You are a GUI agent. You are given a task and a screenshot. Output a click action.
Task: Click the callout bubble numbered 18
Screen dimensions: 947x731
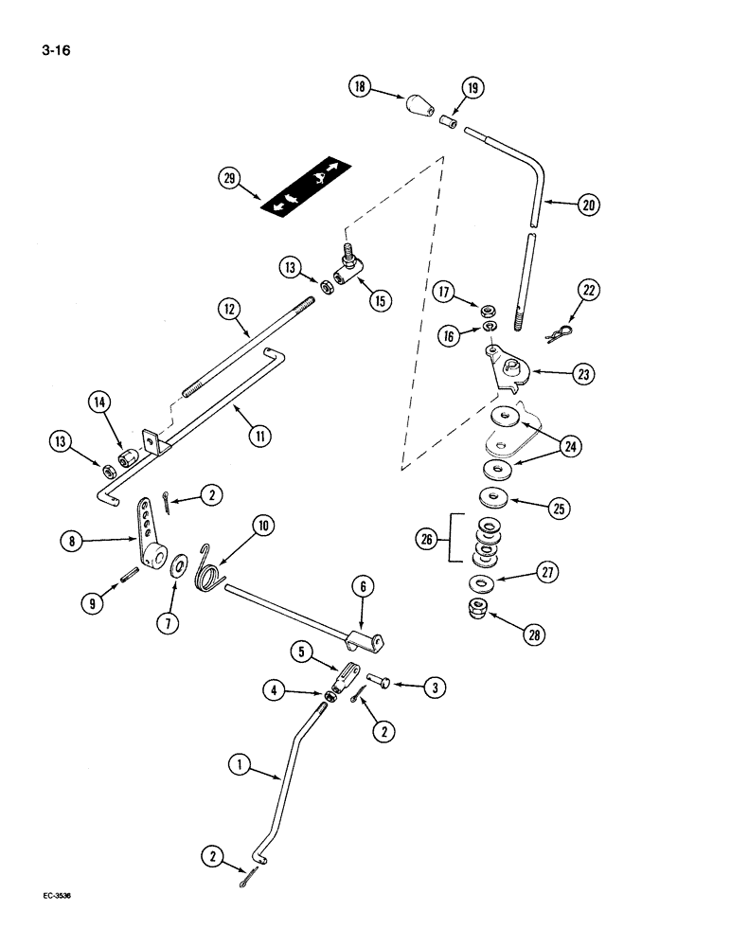[361, 88]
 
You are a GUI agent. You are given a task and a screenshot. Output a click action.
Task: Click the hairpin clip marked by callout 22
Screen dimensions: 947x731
[562, 332]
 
